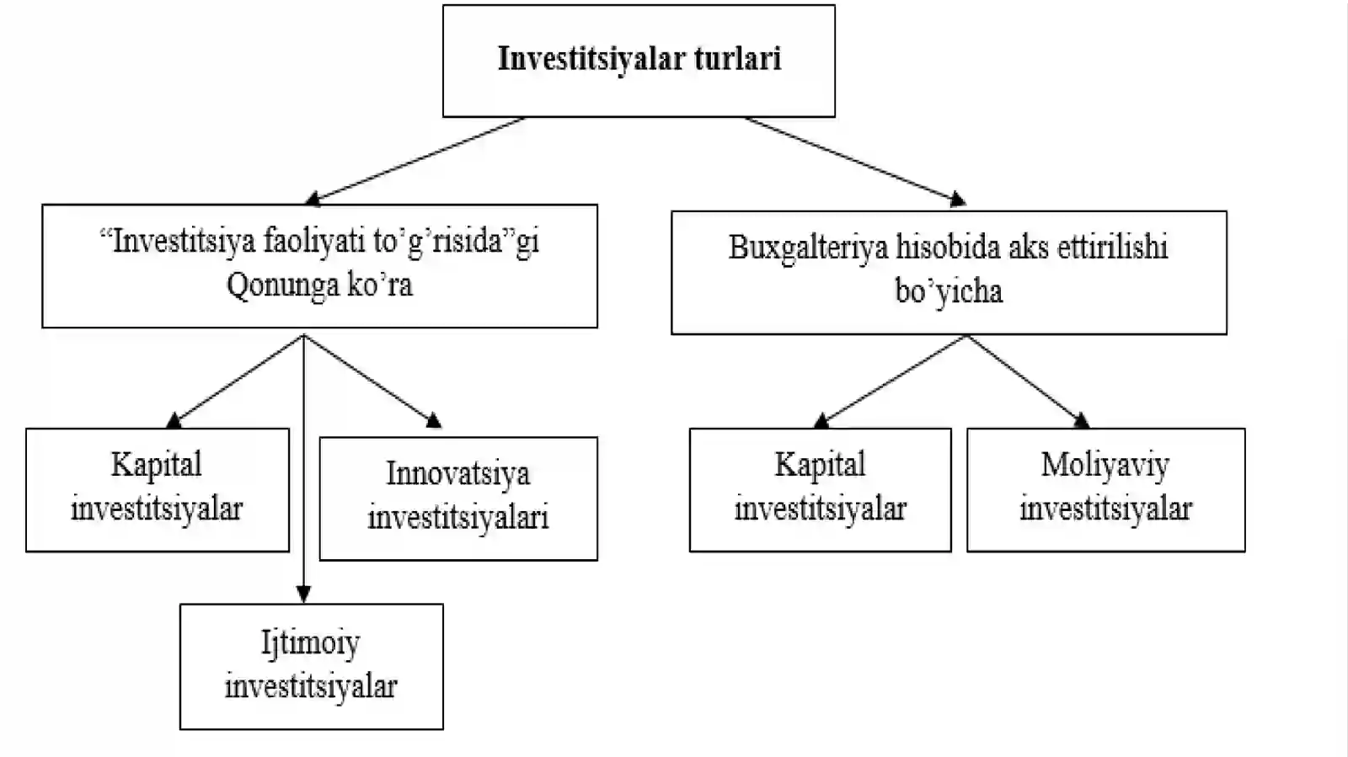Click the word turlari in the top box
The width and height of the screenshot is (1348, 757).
(x=738, y=59)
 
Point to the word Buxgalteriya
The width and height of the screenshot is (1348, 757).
(x=808, y=248)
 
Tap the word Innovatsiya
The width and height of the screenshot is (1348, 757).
(x=458, y=474)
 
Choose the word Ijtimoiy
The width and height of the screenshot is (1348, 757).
(x=311, y=642)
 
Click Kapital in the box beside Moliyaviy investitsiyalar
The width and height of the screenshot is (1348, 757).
(x=820, y=465)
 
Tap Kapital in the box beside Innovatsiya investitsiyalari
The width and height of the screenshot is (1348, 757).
(x=157, y=465)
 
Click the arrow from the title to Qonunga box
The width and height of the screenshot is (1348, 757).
(x=415, y=161)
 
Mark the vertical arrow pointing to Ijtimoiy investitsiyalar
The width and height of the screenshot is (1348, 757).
(x=304, y=468)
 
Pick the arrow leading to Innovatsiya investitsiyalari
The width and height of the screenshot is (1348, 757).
(x=372, y=381)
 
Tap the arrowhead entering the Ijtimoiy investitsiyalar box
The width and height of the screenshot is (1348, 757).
(x=304, y=594)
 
